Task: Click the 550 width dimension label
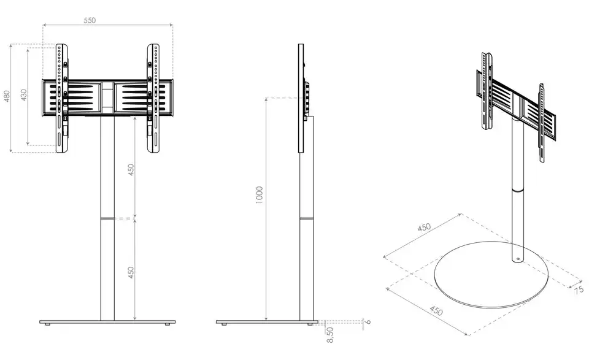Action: tap(90, 20)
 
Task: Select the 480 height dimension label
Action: tap(6, 96)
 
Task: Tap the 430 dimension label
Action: tap(24, 95)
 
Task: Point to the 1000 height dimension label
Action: tap(259, 195)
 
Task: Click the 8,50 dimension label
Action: tap(330, 335)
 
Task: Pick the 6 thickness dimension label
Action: tap(368, 322)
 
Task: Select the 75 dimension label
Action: tap(579, 289)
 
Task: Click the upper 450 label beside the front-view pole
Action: tap(131, 170)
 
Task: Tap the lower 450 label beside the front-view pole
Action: tap(131, 272)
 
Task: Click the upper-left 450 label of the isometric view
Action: tap(424, 228)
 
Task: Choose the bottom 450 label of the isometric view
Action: tap(436, 311)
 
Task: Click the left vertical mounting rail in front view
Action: tap(62, 98)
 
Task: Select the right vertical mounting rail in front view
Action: tap(153, 98)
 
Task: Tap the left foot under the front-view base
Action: tap(47, 324)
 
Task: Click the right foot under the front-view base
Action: tap(166, 324)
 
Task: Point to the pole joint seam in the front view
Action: tap(107, 218)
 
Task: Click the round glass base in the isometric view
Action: tap(491, 275)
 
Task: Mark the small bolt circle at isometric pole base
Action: tap(518, 259)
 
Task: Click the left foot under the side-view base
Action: tap(224, 324)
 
